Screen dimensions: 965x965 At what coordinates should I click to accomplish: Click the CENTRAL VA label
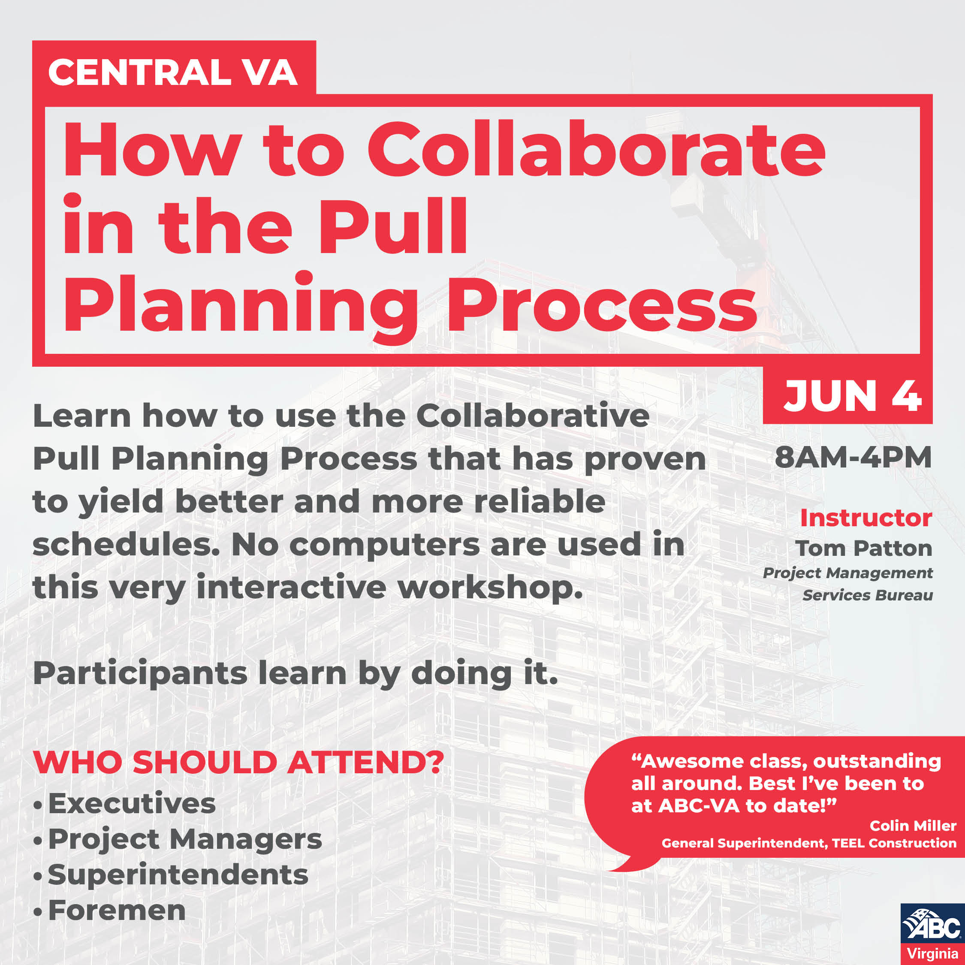173,72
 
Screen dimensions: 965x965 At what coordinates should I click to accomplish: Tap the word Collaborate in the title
596,149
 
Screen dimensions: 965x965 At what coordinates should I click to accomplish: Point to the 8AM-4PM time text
853,457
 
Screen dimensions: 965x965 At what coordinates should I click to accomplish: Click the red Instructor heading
865,518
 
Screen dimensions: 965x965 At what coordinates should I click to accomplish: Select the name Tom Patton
864,549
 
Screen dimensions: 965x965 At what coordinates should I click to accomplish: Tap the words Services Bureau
868,595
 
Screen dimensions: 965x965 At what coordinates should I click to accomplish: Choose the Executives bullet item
132,804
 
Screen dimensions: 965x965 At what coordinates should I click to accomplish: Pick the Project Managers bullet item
185,839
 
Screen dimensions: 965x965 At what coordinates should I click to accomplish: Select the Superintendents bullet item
178,875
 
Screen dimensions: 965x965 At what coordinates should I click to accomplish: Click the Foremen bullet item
117,910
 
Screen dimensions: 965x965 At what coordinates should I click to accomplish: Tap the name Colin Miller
913,826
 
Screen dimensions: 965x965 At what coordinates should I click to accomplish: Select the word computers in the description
384,544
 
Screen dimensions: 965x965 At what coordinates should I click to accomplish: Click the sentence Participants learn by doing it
295,673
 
